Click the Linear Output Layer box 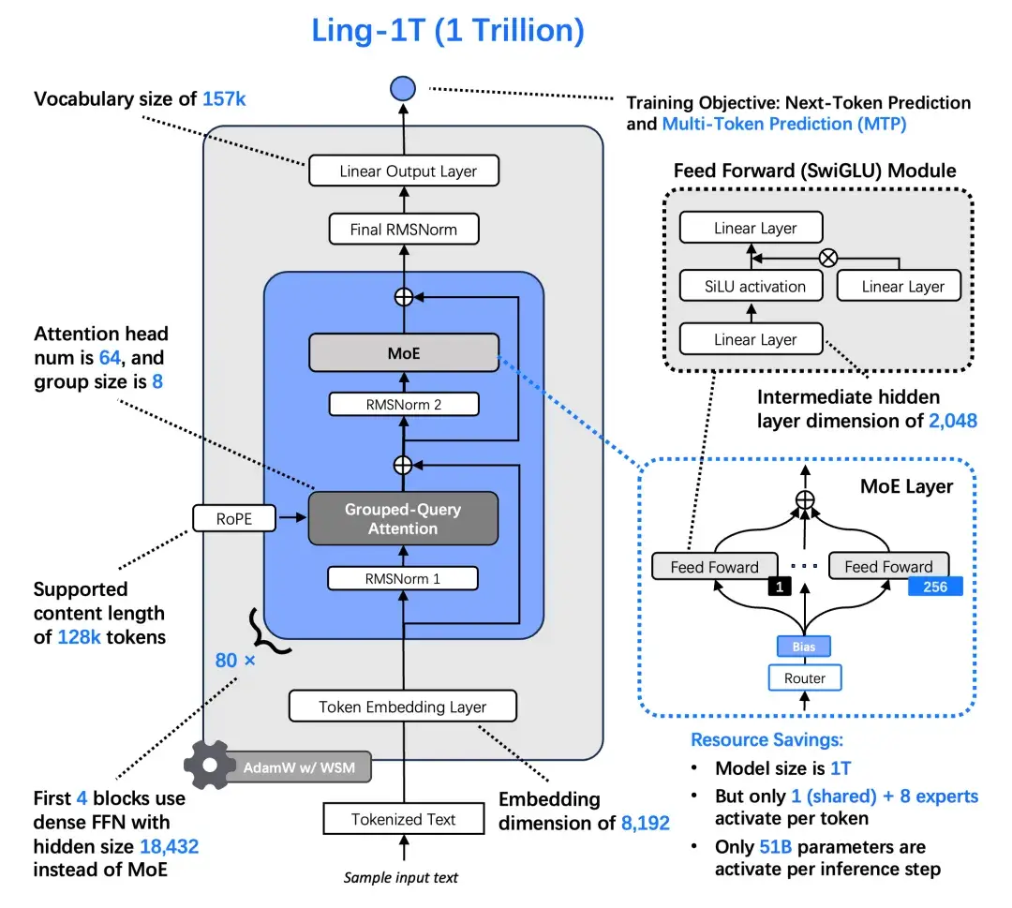403,171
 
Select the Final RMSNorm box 403,229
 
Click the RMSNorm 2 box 403,404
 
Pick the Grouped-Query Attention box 403,518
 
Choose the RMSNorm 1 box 403,578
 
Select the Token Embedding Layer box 403,707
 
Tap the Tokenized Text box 403,819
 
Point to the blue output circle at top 403,89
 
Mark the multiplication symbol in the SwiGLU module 827,256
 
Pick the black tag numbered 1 781,587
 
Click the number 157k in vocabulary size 224,98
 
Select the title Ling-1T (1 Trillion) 448,31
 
